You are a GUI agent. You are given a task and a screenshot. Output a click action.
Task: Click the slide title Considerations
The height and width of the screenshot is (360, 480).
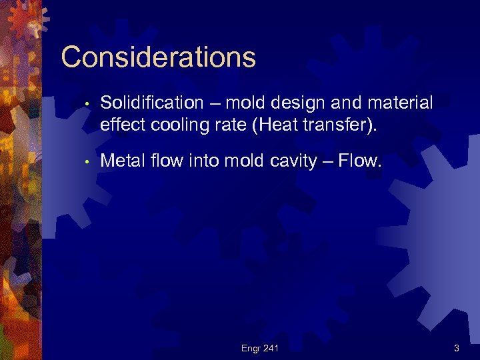(158, 57)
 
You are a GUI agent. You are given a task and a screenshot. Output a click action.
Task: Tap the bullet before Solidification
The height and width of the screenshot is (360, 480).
(87, 104)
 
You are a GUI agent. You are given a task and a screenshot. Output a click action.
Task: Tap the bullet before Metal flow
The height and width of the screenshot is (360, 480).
(87, 161)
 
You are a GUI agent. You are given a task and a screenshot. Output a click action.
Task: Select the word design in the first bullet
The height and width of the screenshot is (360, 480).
(306, 103)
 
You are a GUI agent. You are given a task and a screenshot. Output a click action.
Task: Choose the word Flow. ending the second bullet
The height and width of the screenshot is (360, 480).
(362, 160)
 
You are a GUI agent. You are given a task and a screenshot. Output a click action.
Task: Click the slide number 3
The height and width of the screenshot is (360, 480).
(456, 347)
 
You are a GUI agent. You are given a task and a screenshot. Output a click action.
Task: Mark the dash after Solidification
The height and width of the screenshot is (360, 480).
(214, 104)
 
